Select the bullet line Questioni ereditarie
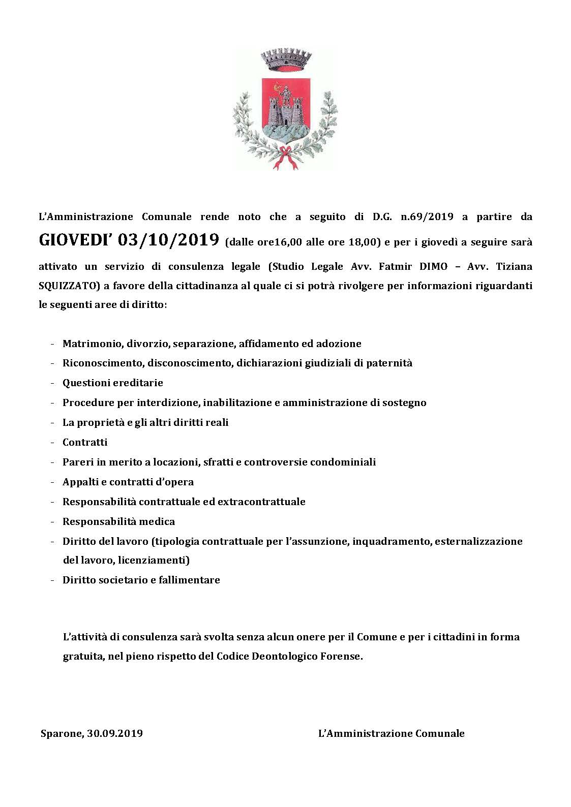pos(112,383)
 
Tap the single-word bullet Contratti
pos(85,442)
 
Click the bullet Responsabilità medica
pos(118,521)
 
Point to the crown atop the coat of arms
pos(283,60)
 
